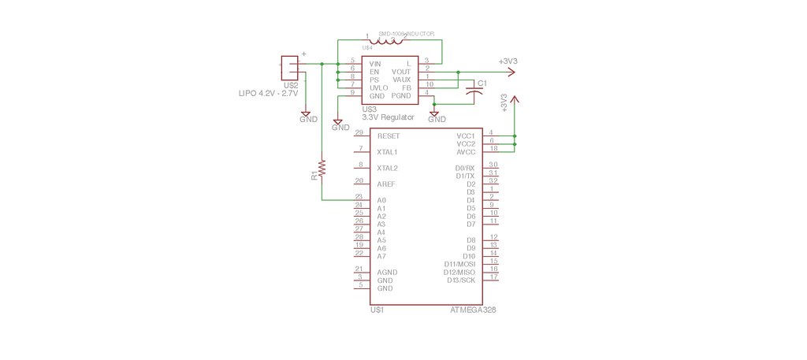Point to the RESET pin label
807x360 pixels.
click(389, 136)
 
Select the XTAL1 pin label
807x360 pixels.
click(388, 152)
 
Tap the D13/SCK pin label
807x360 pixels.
click(461, 280)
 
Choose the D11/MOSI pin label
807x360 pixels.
click(459, 264)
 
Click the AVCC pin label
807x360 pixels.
click(466, 152)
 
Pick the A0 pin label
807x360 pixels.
click(381, 200)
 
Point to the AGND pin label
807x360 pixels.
click(386, 273)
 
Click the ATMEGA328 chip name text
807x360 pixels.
click(473, 310)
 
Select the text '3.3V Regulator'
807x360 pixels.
click(388, 117)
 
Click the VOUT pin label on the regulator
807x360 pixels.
click(402, 71)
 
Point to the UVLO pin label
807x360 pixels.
click(379, 87)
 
